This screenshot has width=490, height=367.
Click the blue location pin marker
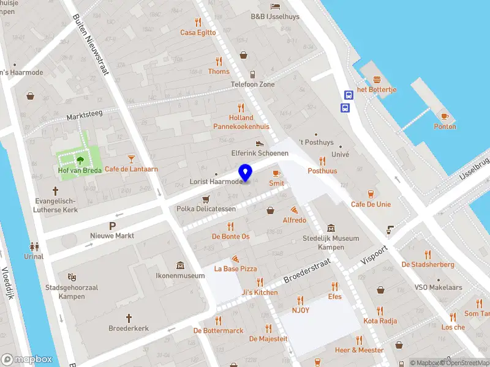(245, 173)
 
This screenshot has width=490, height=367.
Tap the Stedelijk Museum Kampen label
(331, 242)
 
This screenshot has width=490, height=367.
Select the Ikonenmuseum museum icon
(181, 265)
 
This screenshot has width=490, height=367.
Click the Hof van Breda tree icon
(80, 161)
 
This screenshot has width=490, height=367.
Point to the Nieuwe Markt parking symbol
(112, 226)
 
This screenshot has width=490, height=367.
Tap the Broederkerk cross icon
(129, 318)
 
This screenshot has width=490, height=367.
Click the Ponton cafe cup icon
(445, 116)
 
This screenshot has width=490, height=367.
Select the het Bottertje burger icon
(377, 80)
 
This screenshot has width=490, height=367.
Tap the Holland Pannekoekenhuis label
(241, 122)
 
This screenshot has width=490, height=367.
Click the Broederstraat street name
(307, 273)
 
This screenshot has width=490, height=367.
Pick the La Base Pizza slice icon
(235, 259)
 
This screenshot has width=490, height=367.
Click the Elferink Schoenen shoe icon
(260, 143)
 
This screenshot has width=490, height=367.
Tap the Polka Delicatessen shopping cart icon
(206, 199)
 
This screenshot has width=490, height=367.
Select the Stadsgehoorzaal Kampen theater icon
(71, 277)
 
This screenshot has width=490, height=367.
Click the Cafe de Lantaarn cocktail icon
(130, 159)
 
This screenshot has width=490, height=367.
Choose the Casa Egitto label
(198, 32)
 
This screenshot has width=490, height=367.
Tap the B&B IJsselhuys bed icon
(275, 6)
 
